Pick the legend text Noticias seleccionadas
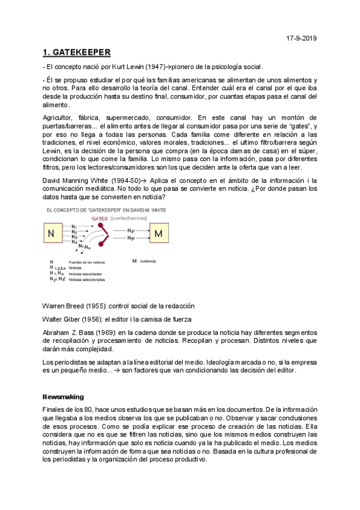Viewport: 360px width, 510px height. (88, 280)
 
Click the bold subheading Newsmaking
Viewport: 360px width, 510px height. (63, 397)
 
